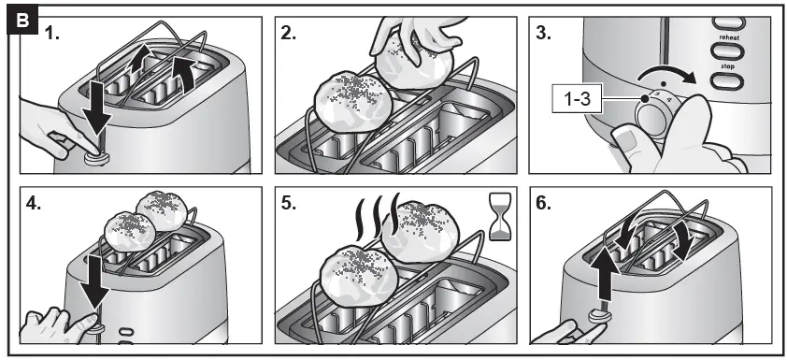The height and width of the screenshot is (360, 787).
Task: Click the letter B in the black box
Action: tap(22, 21)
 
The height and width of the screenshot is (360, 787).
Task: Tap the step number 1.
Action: tap(52, 34)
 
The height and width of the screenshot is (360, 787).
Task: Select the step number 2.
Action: tap(289, 34)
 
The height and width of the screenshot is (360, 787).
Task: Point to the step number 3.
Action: tap(544, 34)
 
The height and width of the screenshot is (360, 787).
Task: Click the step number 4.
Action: tap(34, 203)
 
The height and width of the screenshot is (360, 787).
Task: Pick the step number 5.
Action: tap(289, 203)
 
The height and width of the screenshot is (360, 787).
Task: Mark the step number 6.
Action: tap(544, 203)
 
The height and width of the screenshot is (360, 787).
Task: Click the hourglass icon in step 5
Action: tap(499, 217)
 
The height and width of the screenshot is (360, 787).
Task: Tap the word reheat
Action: tap(729, 37)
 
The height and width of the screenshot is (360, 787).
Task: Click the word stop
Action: tap(727, 66)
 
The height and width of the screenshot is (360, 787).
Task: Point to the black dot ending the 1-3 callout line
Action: tap(644, 99)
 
